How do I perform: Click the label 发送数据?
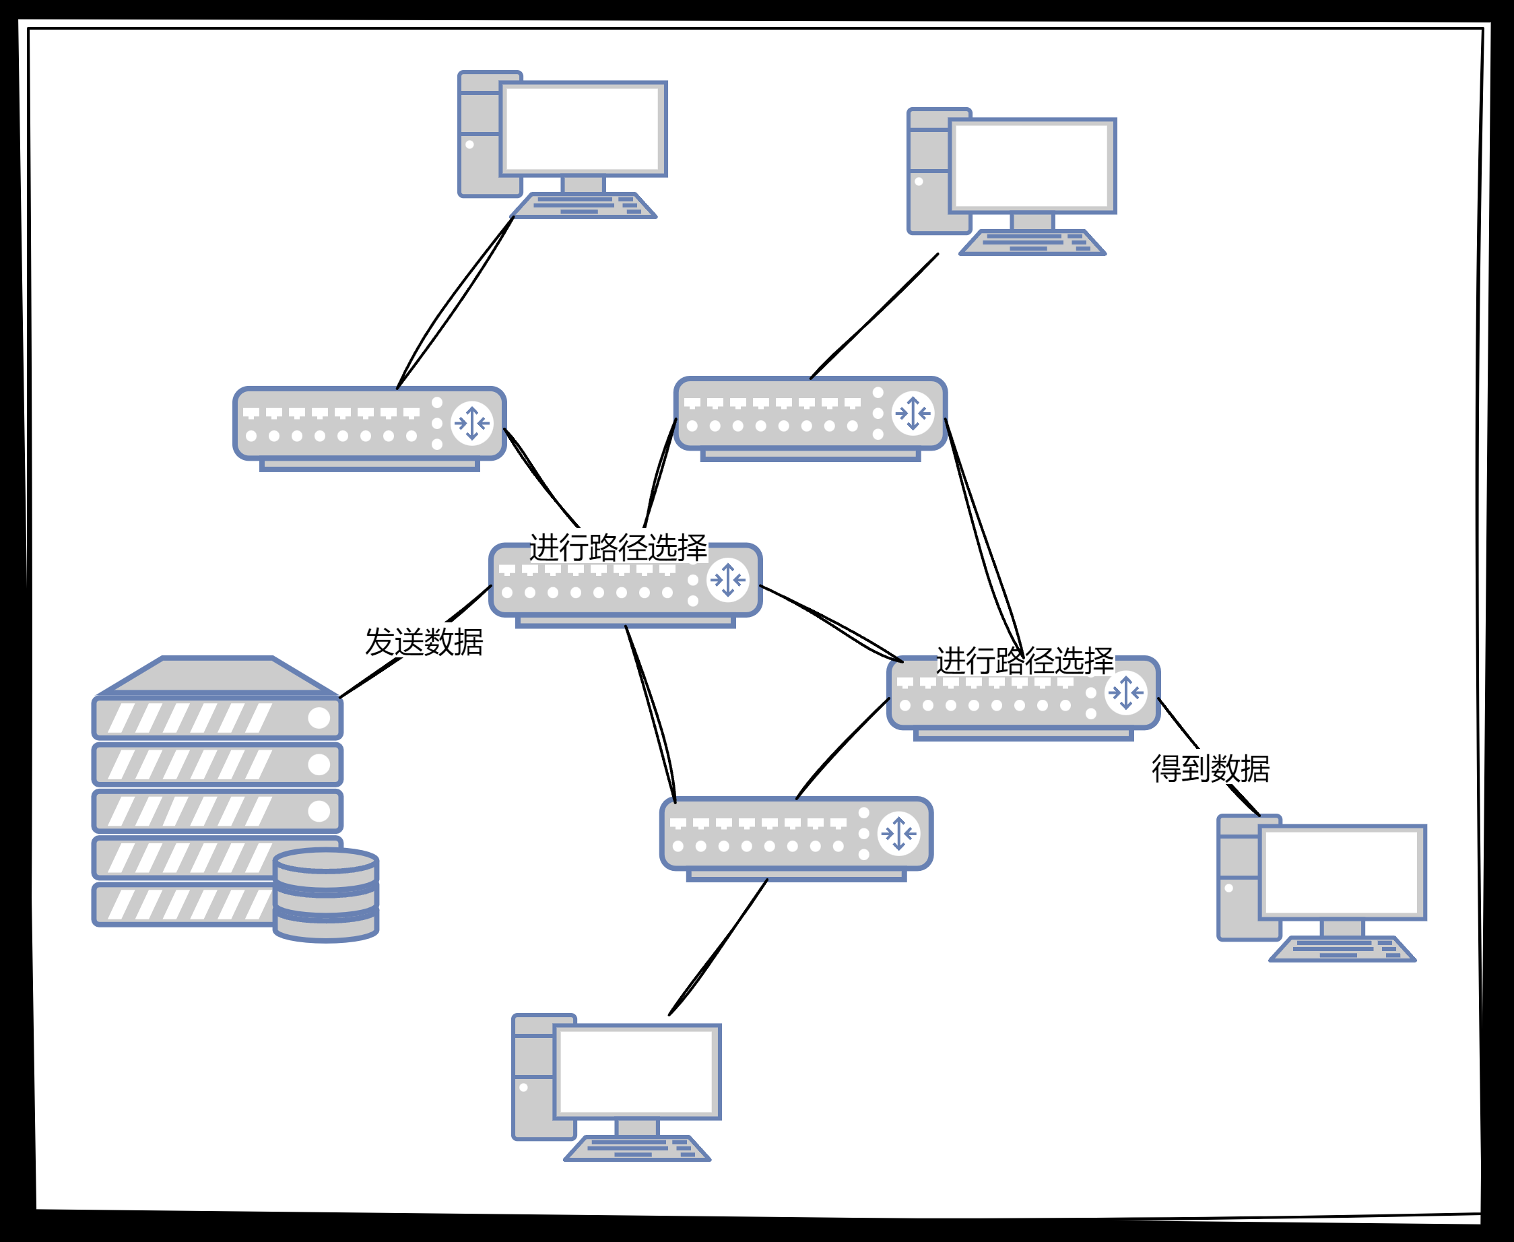(424, 642)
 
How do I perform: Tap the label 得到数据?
(1210, 769)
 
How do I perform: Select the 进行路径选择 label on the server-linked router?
(618, 548)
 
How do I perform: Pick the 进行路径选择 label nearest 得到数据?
(1024, 660)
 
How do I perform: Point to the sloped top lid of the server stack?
(218, 675)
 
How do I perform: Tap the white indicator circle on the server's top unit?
(319, 717)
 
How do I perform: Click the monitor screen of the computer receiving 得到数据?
(1342, 872)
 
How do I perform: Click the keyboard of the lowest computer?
(637, 1148)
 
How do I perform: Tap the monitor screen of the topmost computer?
(583, 129)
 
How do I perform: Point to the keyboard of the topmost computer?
(583, 205)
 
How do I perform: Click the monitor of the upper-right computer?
(1032, 166)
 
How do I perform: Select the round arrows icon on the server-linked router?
(727, 579)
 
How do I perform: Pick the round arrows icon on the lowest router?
(898, 833)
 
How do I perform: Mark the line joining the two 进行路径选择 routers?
(830, 620)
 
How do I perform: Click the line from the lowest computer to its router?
(718, 948)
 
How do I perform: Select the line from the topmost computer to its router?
(456, 302)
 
